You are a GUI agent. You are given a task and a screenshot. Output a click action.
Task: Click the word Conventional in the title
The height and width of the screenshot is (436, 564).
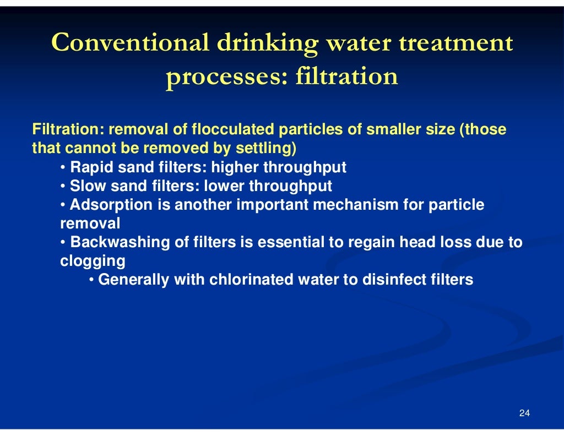pos(130,42)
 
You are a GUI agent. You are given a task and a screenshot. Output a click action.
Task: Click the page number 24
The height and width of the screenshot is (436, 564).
pos(524,413)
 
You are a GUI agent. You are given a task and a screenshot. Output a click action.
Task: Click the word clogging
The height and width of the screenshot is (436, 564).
pos(93,261)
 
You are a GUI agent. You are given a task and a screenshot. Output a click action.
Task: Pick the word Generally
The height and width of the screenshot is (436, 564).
pos(133,280)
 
